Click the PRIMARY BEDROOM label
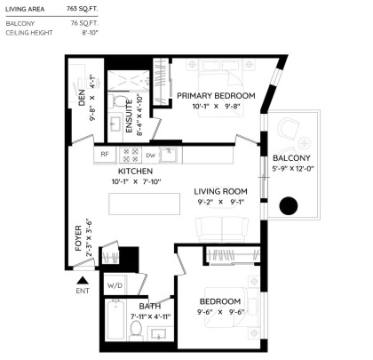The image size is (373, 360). click(x=216, y=96)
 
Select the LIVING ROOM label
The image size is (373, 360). click(x=221, y=191)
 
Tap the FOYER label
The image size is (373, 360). click(x=78, y=237)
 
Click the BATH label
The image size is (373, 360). click(x=149, y=305)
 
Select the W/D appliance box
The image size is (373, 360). click(x=115, y=286)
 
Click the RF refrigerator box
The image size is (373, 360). click(x=104, y=154)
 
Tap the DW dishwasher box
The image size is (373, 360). click(x=150, y=155)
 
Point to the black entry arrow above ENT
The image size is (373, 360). click(x=82, y=280)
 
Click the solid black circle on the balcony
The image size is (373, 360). click(x=289, y=206)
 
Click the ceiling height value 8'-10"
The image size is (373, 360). click(x=89, y=33)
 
